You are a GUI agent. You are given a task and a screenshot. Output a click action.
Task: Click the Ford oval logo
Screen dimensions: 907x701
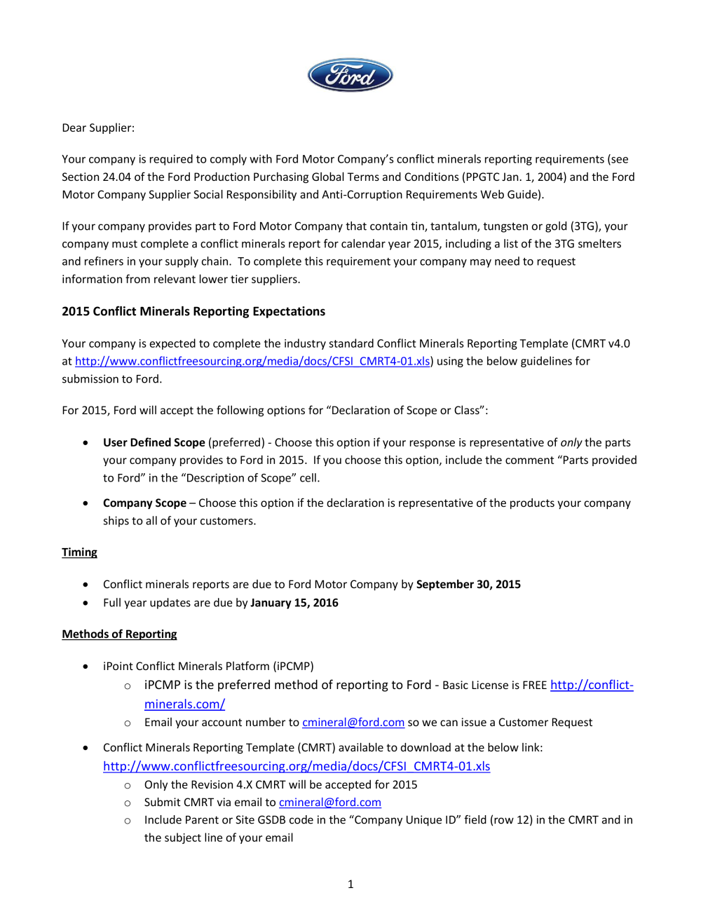tap(350, 75)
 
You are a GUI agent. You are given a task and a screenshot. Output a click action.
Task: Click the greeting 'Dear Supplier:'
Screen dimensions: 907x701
tap(98, 128)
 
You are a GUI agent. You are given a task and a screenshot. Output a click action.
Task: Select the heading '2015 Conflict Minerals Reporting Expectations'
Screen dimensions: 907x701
tap(193, 311)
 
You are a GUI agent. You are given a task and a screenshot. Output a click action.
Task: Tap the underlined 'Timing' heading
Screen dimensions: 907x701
tap(79, 552)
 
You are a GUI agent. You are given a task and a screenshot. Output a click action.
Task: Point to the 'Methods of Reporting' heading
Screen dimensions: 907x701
tap(119, 634)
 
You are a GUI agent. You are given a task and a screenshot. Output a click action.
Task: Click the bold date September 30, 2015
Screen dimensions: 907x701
tap(468, 585)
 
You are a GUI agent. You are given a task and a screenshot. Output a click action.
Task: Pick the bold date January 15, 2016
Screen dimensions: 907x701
tap(294, 603)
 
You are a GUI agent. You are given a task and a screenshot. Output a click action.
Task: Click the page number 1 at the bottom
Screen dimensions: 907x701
tap(350, 885)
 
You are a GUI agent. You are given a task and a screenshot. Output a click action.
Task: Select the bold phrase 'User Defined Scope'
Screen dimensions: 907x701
tap(154, 443)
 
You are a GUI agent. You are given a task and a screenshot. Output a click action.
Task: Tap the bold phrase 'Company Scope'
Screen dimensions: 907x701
tap(144, 503)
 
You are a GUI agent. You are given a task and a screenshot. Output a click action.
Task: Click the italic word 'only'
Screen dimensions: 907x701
tap(571, 443)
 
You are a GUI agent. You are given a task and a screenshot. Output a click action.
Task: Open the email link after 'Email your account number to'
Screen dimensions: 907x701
tap(353, 723)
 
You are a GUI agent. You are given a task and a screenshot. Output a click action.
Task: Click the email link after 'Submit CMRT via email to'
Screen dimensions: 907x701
tap(330, 803)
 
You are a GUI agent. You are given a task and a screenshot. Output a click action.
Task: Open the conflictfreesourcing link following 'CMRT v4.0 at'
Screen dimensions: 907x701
tap(252, 362)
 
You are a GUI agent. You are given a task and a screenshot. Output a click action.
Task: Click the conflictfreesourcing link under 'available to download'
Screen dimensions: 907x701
tap(297, 767)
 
